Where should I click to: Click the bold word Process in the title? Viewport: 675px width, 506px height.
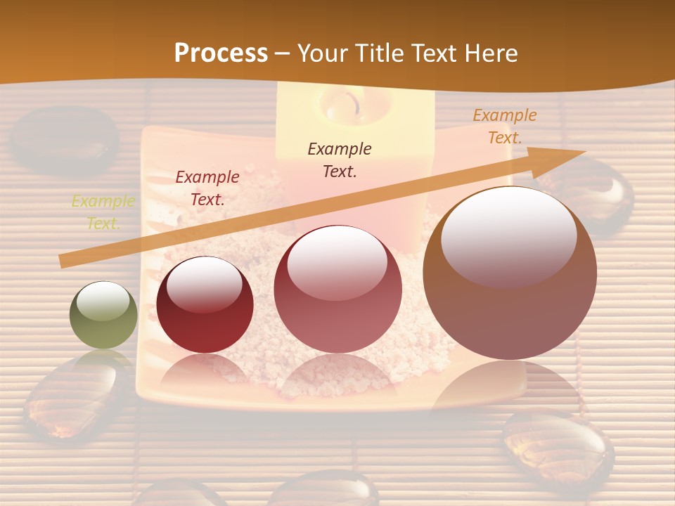(x=221, y=53)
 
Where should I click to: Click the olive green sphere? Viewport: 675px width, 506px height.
(x=103, y=315)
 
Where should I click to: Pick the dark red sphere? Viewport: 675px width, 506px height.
(x=205, y=305)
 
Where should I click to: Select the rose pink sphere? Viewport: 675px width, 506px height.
(x=337, y=289)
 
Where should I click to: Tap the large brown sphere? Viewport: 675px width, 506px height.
(x=510, y=273)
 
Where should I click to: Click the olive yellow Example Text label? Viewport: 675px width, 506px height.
(x=103, y=212)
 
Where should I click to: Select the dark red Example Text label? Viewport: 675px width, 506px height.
(x=207, y=188)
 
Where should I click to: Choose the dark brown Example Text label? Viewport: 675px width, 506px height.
(x=340, y=160)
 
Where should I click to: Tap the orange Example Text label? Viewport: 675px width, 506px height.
(x=504, y=126)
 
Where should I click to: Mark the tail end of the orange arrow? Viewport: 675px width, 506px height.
(x=63, y=261)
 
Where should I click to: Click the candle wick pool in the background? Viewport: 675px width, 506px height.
(x=345, y=105)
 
